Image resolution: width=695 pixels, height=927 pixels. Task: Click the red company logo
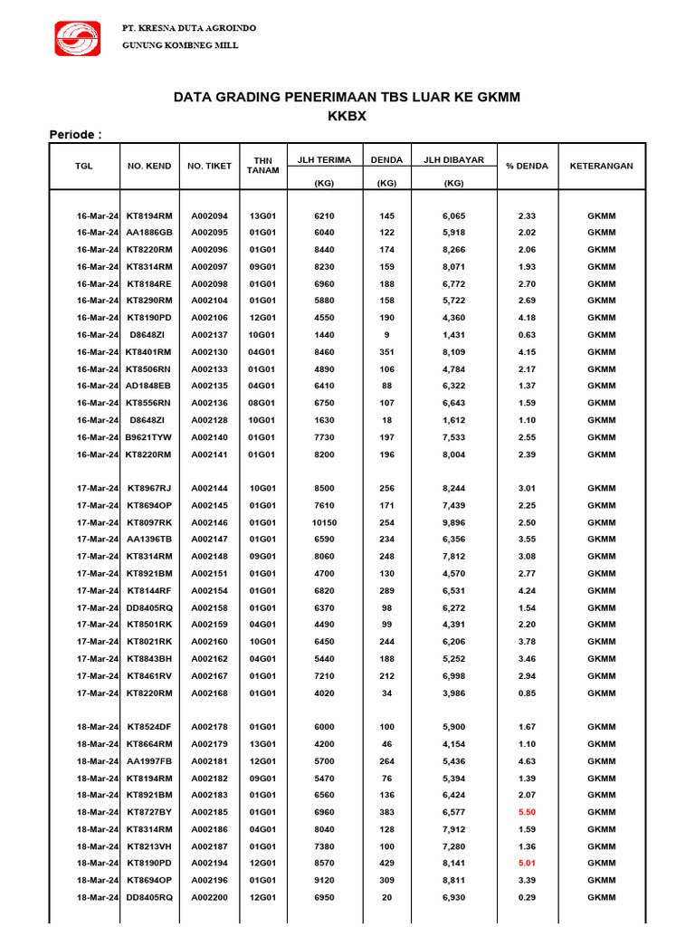(x=81, y=39)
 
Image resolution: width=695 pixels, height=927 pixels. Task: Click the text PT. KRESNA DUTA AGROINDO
(x=189, y=28)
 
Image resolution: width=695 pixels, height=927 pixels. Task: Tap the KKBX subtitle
(x=347, y=116)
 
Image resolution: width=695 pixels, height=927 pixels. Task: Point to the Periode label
(x=75, y=135)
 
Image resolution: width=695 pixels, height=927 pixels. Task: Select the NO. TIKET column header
(x=209, y=167)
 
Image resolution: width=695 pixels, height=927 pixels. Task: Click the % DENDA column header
(x=527, y=167)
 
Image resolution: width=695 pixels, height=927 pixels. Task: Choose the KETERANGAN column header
(x=601, y=167)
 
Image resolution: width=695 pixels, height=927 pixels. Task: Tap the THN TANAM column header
(x=262, y=167)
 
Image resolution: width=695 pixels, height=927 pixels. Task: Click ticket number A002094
(x=209, y=216)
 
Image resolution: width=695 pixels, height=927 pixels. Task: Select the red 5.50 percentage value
(x=527, y=812)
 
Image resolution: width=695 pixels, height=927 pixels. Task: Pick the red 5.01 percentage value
(x=527, y=863)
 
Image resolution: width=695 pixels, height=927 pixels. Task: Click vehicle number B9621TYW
(x=149, y=437)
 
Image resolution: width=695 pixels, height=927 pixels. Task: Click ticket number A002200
(x=209, y=896)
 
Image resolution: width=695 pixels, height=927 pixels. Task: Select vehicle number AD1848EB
(x=149, y=387)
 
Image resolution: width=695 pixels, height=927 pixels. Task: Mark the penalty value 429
(x=387, y=863)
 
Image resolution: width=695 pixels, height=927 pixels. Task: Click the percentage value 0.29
(x=527, y=896)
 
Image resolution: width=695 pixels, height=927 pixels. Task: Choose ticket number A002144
(x=209, y=489)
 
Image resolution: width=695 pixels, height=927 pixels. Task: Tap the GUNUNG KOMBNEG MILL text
(x=180, y=45)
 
